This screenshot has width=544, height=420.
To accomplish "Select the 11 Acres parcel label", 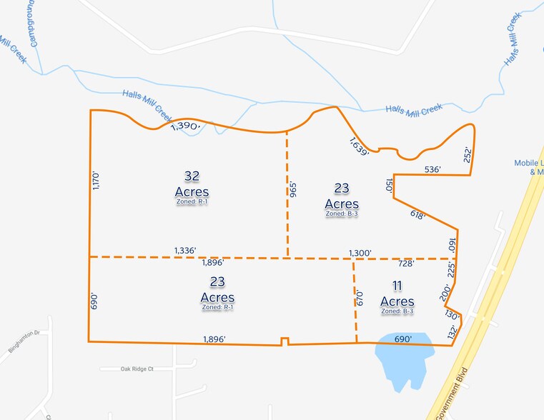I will tap(397, 294).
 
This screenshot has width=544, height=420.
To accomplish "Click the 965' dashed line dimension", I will tap(292, 189).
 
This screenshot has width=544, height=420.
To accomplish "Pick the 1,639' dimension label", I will tap(359, 146).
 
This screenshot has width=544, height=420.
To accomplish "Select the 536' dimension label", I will tap(432, 169).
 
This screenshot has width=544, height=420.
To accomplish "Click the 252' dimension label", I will tap(468, 154).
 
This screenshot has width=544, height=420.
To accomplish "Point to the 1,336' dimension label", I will tap(185, 251).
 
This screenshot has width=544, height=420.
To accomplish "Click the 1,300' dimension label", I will tap(360, 253).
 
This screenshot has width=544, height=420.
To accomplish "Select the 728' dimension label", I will tap(407, 263).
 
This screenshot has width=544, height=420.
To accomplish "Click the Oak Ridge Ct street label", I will tap(127, 369).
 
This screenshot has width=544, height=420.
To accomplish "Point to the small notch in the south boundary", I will tap(285, 341).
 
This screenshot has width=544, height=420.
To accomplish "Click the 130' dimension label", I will tap(452, 315).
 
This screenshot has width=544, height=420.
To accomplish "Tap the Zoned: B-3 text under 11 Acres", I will tap(397, 311).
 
